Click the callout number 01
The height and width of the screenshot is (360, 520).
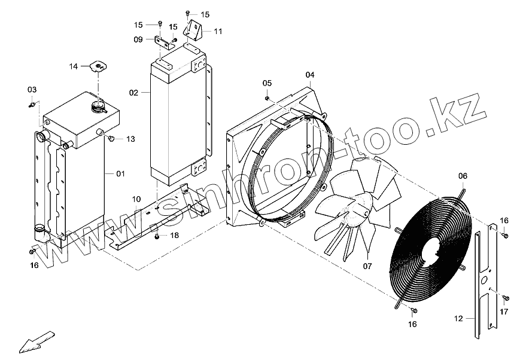[120, 173]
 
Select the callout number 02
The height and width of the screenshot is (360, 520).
[133, 93]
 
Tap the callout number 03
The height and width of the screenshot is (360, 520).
[32, 90]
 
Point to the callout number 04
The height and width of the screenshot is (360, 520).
[310, 75]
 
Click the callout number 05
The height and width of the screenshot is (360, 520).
[267, 83]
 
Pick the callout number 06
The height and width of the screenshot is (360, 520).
[463, 176]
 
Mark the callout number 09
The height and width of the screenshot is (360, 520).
[138, 39]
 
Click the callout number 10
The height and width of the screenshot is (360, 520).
[136, 199]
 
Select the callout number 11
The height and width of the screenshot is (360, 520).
[217, 30]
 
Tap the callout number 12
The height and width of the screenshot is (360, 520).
[459, 319]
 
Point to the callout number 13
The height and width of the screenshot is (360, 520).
[130, 139]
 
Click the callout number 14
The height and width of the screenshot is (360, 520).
[74, 66]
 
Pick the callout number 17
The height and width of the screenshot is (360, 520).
[504, 312]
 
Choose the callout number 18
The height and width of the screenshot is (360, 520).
[174, 236]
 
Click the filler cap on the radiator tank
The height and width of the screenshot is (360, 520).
[98, 108]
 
